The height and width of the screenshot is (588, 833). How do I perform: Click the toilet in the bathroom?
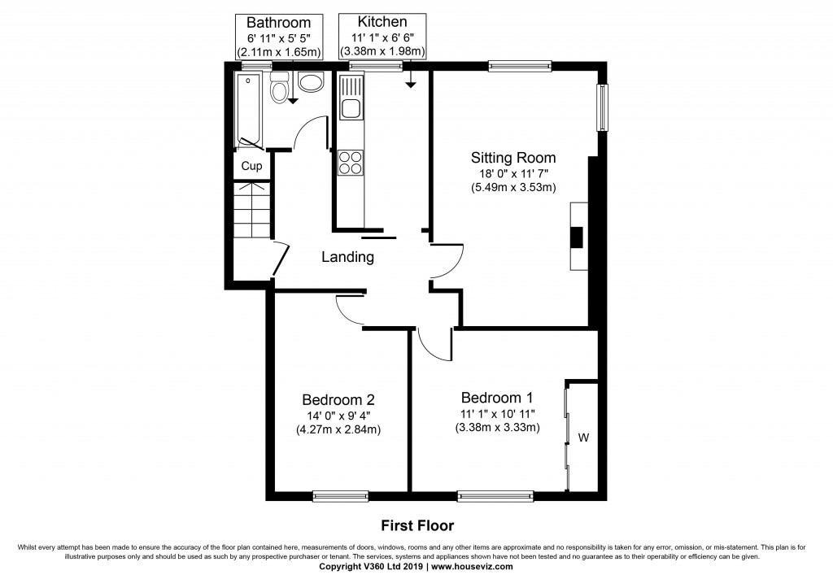pyautogui.click(x=280, y=88)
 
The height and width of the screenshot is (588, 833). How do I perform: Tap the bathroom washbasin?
pyautogui.click(x=311, y=81)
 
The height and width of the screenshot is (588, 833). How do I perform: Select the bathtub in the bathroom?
pyautogui.click(x=248, y=110)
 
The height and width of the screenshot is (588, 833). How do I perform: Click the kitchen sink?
pyautogui.click(x=352, y=108)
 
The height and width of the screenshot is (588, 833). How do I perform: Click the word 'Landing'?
pyautogui.click(x=347, y=257)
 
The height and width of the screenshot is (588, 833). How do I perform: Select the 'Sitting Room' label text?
pyautogui.click(x=513, y=157)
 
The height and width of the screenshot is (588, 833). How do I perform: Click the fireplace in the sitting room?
pyautogui.click(x=577, y=237)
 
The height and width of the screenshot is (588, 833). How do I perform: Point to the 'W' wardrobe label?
pyautogui.click(x=583, y=438)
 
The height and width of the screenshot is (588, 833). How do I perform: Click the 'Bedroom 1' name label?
pyautogui.click(x=497, y=398)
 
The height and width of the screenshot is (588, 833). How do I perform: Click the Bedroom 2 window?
pyautogui.click(x=341, y=494)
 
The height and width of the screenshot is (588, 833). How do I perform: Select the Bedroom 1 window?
pyautogui.click(x=495, y=494)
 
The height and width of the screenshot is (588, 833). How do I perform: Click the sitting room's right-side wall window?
pyautogui.click(x=603, y=107)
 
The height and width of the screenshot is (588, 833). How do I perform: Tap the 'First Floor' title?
pyautogui.click(x=416, y=525)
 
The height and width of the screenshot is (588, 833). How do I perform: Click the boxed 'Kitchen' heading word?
pyautogui.click(x=382, y=22)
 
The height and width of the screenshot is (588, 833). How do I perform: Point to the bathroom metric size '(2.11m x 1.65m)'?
pyautogui.click(x=279, y=51)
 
